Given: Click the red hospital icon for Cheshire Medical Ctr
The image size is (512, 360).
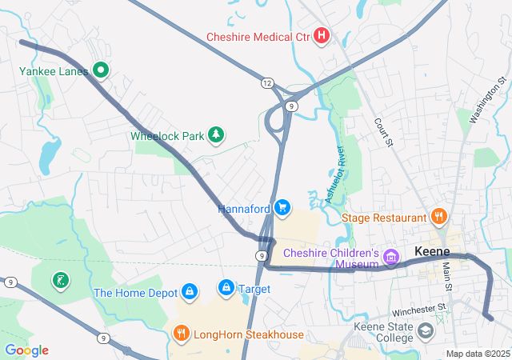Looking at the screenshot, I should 322,35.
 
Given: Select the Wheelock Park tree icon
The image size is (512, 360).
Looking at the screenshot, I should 214,135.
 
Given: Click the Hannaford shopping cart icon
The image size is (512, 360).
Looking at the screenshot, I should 282,209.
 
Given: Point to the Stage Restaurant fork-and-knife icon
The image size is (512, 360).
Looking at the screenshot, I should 438,217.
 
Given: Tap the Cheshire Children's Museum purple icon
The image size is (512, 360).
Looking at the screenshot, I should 391,257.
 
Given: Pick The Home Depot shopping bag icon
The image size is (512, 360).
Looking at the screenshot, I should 190,292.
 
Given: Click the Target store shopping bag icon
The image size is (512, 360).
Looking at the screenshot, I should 226,287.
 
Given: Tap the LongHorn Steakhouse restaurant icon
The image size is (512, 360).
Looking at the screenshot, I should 182,334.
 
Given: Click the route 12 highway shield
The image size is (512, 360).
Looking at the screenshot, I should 266,82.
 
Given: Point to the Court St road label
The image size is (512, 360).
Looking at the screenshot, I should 385,133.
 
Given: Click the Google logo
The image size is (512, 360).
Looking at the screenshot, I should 26,350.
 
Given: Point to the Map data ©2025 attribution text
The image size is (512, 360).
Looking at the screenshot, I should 478,354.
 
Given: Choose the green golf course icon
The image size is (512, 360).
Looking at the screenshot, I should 61,280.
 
